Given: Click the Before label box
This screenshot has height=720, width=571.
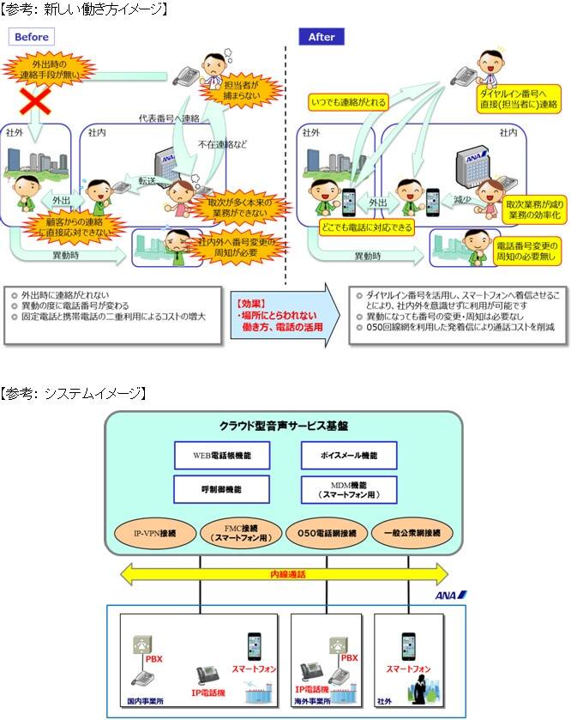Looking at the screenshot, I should click(x=31, y=37).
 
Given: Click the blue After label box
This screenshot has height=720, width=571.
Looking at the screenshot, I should click(x=322, y=37).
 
